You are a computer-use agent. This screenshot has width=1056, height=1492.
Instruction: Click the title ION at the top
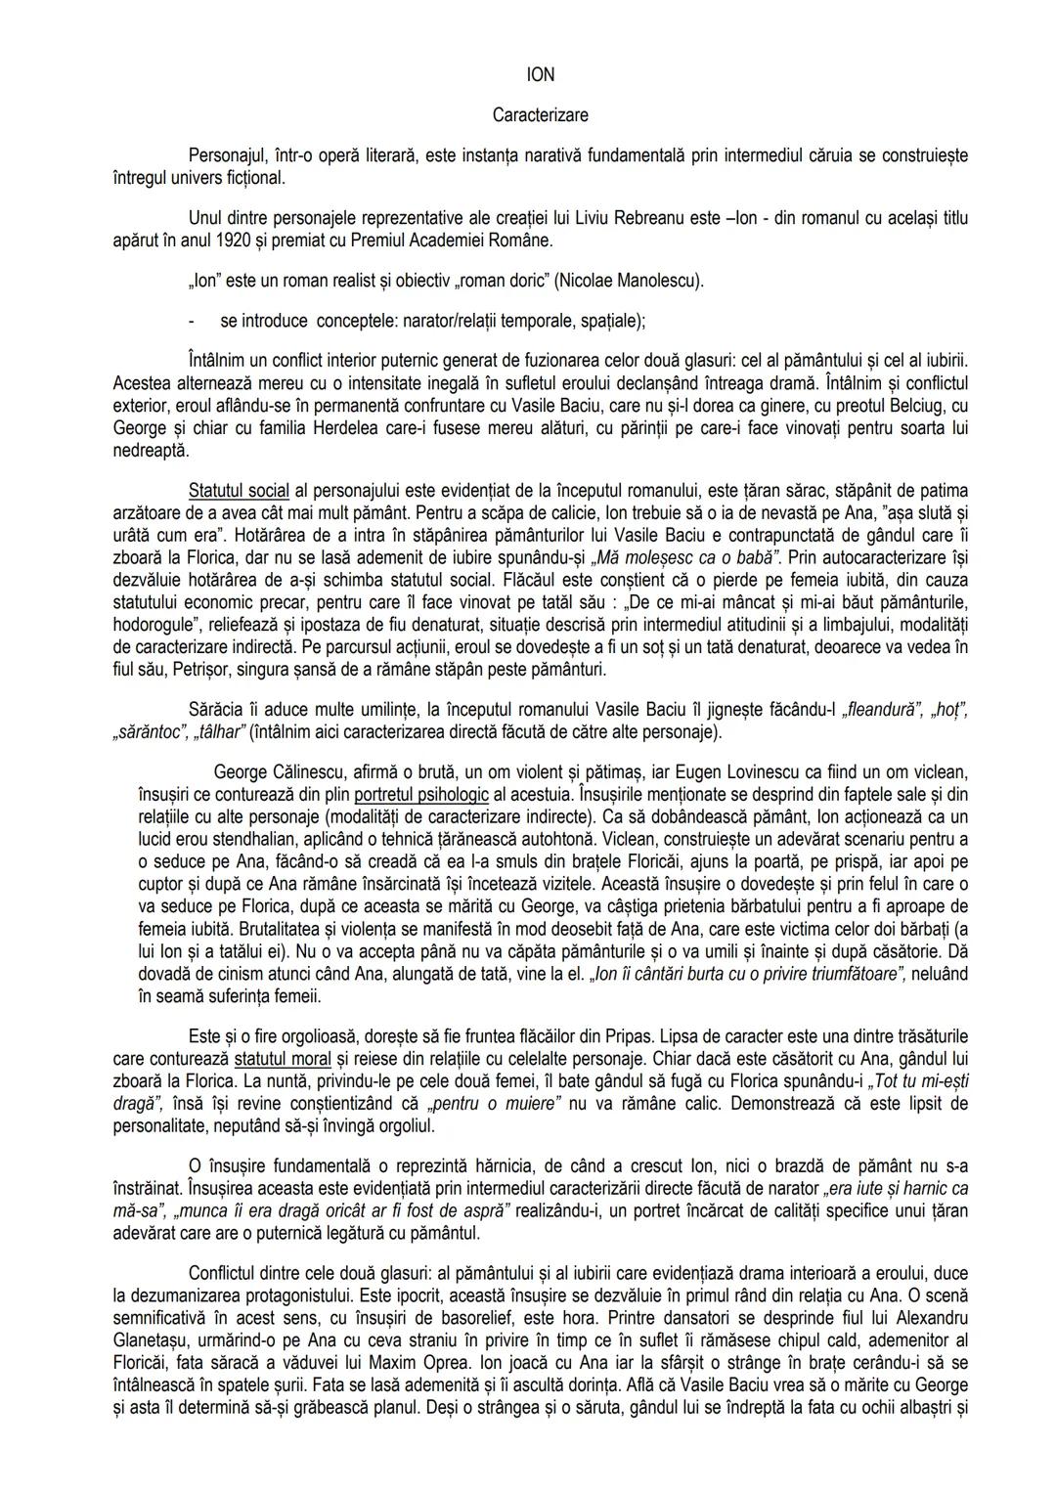point(540,75)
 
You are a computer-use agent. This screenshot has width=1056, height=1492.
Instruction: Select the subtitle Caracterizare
point(540,115)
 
